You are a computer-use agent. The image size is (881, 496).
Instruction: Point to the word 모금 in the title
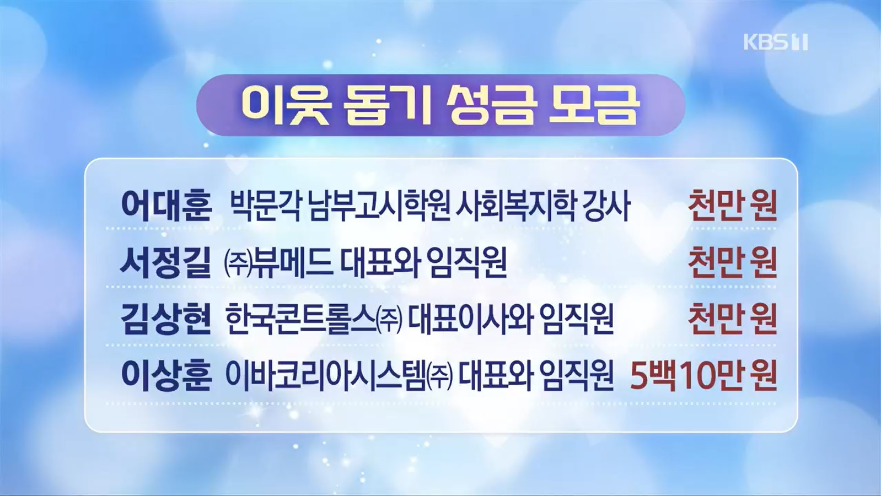pyautogui.click(x=593, y=105)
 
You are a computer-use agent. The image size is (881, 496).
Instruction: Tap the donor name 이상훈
pyautogui.click(x=166, y=376)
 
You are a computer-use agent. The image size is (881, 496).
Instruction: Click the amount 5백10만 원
pyautogui.click(x=703, y=376)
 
